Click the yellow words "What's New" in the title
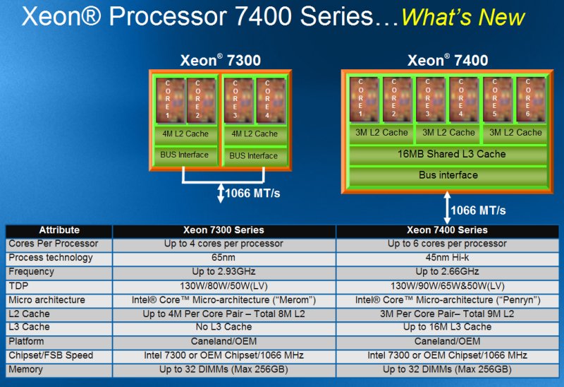point(463,17)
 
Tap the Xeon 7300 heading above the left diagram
point(221,60)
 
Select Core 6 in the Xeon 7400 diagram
point(531,99)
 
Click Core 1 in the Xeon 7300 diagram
point(171,101)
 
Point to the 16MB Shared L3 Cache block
point(448,154)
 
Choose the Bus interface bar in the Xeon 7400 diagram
point(448,175)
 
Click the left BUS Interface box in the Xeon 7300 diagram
point(185,155)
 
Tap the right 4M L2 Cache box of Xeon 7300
point(255,133)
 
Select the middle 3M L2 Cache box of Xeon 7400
point(448,133)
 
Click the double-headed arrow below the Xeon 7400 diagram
point(447,208)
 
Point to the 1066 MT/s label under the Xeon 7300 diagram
point(252,194)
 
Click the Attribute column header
point(59,230)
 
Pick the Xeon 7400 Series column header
point(447,230)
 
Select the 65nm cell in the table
point(223,258)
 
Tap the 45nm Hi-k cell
point(447,258)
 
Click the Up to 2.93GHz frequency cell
point(223,272)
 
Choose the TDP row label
point(18,286)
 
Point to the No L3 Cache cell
point(223,327)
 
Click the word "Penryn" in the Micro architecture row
point(519,300)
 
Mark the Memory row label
point(25,369)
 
